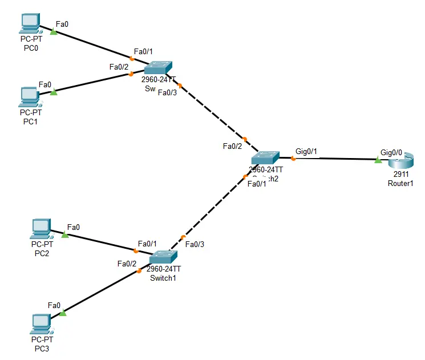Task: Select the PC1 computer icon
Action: pyautogui.click(x=29, y=96)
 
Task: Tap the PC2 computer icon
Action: pyautogui.click(x=41, y=229)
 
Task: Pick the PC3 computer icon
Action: pyautogui.click(x=41, y=323)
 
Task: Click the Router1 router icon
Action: pyautogui.click(x=398, y=160)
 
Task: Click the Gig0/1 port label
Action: pyautogui.click(x=306, y=152)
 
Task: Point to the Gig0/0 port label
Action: pyautogui.click(x=391, y=152)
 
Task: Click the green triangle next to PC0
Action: pyautogui.click(x=54, y=32)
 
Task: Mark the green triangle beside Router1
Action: pyautogui.click(x=378, y=161)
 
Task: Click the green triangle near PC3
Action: pyautogui.click(x=63, y=313)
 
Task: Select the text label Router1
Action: pyautogui.click(x=400, y=183)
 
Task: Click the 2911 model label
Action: pyautogui.click(x=400, y=175)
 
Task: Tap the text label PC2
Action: pyautogui.click(x=41, y=253)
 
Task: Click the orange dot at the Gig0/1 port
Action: pyautogui.click(x=293, y=159)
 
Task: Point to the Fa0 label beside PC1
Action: pyautogui.click(x=45, y=84)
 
